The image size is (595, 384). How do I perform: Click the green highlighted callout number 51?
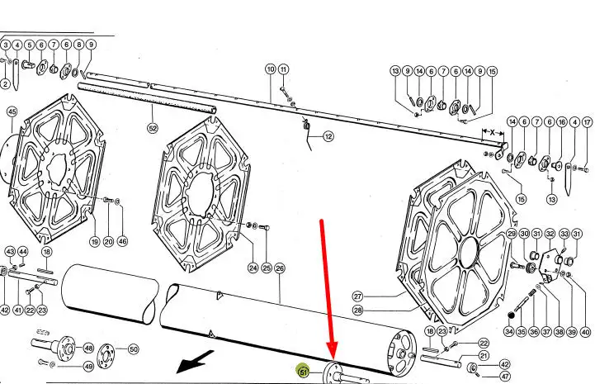pos(303,371)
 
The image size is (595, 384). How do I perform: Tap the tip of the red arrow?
pos(333,359)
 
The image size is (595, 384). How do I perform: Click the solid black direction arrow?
pos(195,362)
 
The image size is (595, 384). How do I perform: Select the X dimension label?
pos(492,133)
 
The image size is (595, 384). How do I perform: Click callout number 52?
pos(153,128)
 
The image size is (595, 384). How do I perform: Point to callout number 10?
pos(270,69)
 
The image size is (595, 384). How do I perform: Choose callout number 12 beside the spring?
pos(328,136)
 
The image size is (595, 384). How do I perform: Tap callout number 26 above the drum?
pos(279,268)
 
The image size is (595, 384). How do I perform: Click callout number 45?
pos(12,111)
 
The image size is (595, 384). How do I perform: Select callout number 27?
pos(358,296)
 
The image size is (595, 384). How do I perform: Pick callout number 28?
pos(358,310)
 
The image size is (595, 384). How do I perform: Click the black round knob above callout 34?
pos(511,315)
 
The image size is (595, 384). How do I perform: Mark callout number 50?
pos(133,349)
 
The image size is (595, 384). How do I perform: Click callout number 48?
pos(88,348)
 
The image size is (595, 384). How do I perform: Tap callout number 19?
pos(95,241)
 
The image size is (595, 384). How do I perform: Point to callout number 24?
pos(253,268)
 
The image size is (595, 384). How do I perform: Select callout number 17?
pos(587,122)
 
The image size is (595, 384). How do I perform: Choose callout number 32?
pos(550,234)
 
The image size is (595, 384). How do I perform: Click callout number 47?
pos(505,377)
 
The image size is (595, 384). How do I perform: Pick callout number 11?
pos(283,69)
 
